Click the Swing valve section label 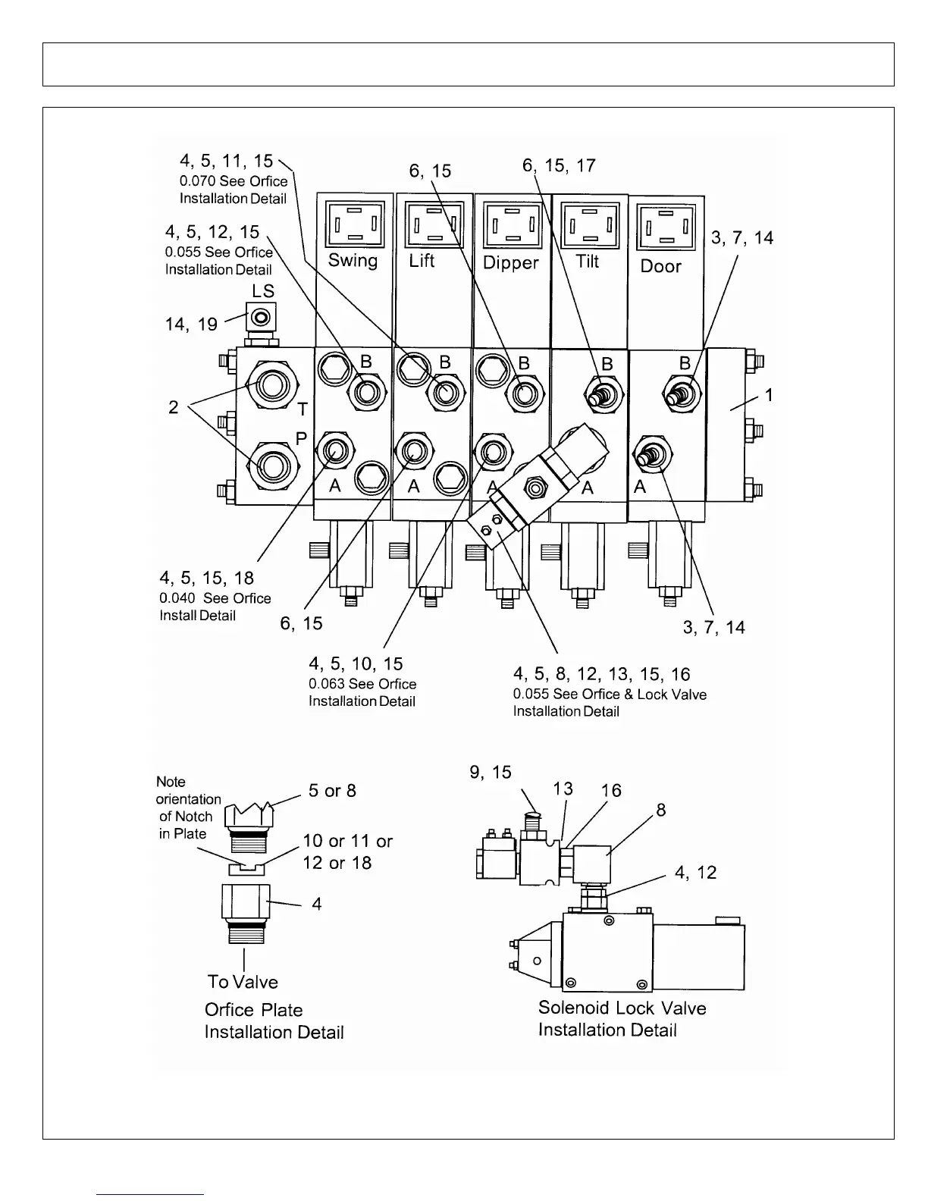click(x=353, y=260)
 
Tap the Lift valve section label click(x=422, y=260)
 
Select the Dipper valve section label click(x=510, y=262)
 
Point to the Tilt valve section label click(x=588, y=261)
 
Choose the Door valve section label click(x=660, y=266)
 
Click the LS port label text click(x=263, y=291)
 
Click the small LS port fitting click(x=262, y=316)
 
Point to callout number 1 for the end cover click(x=768, y=395)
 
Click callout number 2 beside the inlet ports click(x=173, y=407)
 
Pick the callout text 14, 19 click(x=191, y=325)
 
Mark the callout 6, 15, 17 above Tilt click(x=559, y=165)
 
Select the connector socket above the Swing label click(x=353, y=224)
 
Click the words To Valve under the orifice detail click(x=243, y=982)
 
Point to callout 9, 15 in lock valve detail click(x=491, y=772)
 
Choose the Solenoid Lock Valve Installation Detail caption click(x=622, y=1018)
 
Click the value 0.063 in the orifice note click(x=326, y=684)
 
